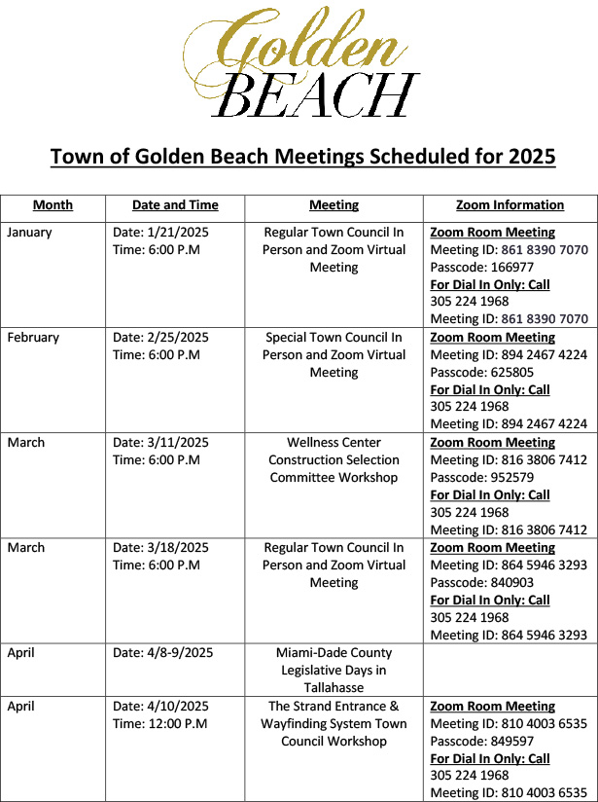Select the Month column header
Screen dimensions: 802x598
pos(53,205)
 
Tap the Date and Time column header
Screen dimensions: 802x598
pos(175,205)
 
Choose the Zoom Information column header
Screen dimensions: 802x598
pos(510,205)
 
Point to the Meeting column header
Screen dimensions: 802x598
pos(334,205)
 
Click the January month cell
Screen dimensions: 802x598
pos(30,233)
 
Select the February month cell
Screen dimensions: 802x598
pos(33,338)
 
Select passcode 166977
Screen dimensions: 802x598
pos(509,268)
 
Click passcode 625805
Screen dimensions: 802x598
pos(509,373)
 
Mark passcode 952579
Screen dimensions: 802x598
pos(509,478)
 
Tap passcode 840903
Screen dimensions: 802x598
pos(509,583)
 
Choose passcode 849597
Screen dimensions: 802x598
pos(509,742)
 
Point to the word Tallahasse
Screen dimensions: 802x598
pos(334,688)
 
